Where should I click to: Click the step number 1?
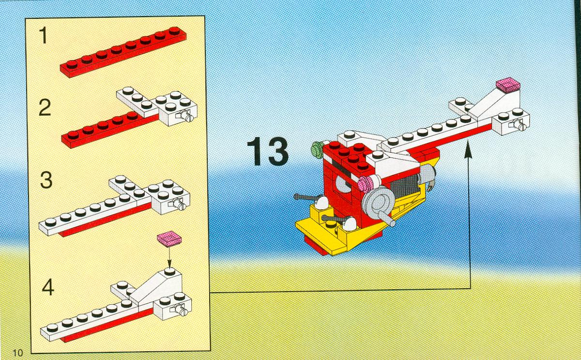click(x=43, y=35)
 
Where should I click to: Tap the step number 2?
click(x=45, y=108)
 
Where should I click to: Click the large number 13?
click(x=267, y=151)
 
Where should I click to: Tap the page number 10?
click(x=17, y=353)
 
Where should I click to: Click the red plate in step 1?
click(x=123, y=52)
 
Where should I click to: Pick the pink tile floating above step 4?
click(x=169, y=238)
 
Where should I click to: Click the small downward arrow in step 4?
click(x=169, y=257)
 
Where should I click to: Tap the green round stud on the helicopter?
click(x=317, y=149)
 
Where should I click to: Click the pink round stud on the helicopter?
click(x=365, y=183)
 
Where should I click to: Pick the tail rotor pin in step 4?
click(x=180, y=310)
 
